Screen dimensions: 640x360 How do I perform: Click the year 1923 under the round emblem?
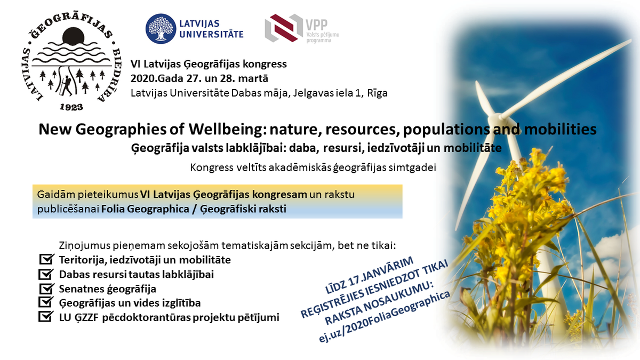[71, 107]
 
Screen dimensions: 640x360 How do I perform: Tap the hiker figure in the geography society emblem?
[66, 86]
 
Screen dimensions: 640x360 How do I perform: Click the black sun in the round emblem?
[74, 36]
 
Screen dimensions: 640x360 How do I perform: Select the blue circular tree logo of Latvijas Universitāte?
[161, 29]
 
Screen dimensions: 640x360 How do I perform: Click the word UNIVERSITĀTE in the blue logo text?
[211, 34]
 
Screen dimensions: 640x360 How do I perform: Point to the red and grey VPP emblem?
[283, 28]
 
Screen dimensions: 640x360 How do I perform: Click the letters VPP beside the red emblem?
[317, 25]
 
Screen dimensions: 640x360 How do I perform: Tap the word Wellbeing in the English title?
[225, 130]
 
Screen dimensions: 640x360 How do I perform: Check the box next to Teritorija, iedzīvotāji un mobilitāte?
[46, 259]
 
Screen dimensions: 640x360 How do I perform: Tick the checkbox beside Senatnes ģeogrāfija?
[46, 289]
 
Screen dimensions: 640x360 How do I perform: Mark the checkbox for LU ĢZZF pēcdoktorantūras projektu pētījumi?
[46, 316]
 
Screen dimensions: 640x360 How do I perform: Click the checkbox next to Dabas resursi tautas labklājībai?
[46, 274]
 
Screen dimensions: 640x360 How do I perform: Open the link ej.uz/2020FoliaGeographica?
[384, 317]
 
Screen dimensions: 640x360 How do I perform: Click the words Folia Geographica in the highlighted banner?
[145, 209]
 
